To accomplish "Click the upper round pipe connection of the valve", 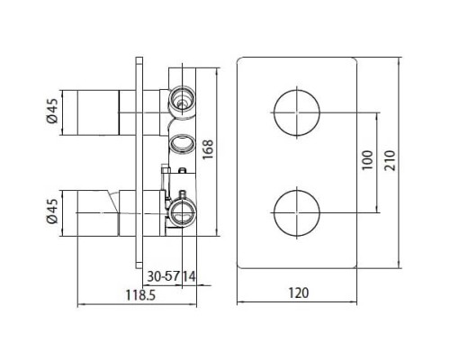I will coord(184,96).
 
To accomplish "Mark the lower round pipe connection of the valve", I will coord(184,213).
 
